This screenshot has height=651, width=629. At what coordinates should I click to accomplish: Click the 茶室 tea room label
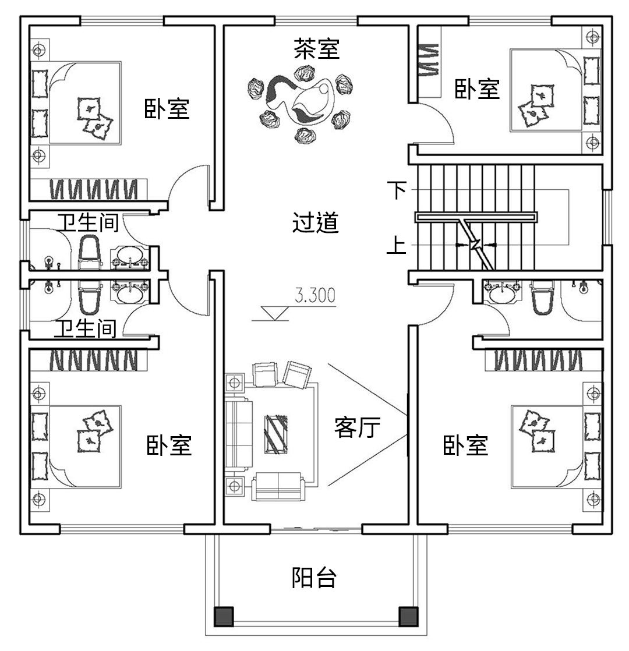coord(316,49)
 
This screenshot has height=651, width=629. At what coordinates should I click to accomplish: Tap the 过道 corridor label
coord(315,223)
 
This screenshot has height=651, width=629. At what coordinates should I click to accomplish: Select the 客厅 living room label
coord(357,427)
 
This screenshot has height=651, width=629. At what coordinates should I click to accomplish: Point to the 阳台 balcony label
coord(314,578)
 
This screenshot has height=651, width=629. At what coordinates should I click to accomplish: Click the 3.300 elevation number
coord(315,296)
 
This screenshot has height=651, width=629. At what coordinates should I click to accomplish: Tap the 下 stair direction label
coord(397,190)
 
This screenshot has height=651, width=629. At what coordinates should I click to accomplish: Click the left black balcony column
coord(224,616)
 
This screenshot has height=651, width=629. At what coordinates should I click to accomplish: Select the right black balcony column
coord(408,616)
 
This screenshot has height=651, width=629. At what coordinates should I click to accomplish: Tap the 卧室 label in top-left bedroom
coord(167,109)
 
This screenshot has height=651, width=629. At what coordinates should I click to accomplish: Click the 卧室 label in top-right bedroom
coord(477,89)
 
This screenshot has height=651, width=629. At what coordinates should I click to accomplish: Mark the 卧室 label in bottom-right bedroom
coord(465,445)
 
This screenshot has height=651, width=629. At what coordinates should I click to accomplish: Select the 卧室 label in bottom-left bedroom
coord(168,445)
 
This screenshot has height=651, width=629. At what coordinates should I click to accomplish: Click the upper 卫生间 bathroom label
coord(88,223)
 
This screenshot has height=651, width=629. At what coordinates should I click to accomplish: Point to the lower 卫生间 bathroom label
coord(86,330)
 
